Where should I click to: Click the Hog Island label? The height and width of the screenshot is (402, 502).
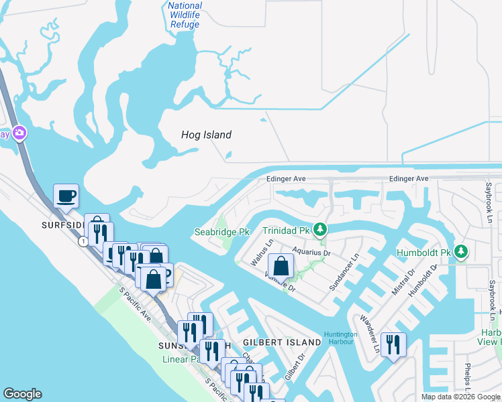[x=206, y=135]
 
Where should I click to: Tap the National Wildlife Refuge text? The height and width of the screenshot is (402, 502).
[x=184, y=15]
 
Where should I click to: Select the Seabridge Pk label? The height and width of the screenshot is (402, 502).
[x=221, y=232]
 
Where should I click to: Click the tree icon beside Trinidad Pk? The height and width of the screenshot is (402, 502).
[x=321, y=230]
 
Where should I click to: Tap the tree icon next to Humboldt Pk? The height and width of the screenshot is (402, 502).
[x=460, y=253]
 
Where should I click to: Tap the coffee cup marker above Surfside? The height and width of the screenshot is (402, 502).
[x=66, y=196]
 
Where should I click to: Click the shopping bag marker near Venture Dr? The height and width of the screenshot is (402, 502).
[x=281, y=267]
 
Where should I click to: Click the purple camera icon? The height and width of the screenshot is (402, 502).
[x=19, y=133]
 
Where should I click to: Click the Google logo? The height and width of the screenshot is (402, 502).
[x=23, y=394]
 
